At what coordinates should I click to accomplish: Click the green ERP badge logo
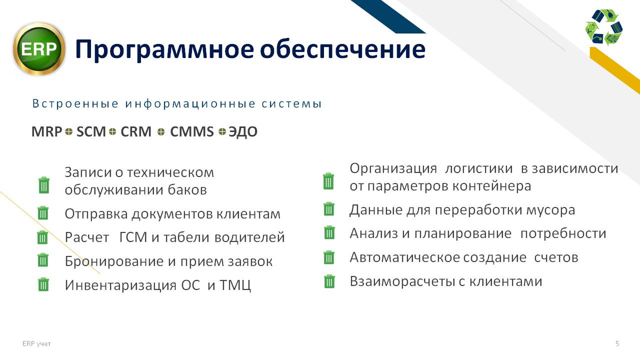[x=39, y=49]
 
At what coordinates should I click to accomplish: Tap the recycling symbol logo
[x=603, y=27]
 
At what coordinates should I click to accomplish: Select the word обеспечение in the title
[x=343, y=49]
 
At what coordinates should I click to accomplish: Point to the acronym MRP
[x=46, y=131]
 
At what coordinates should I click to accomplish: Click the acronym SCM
[x=91, y=131]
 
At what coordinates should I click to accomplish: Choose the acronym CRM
[x=135, y=131]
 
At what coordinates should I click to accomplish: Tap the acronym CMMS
[x=191, y=131]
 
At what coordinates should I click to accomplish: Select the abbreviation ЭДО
[x=243, y=132]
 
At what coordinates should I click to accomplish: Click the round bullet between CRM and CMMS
[x=161, y=131]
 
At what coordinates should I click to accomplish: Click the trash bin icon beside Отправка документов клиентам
[x=43, y=213]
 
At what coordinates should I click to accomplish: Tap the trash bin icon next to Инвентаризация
[x=43, y=284]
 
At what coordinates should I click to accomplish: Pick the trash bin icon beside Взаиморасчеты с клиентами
[x=329, y=281]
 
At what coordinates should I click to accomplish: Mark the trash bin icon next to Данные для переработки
[x=329, y=209]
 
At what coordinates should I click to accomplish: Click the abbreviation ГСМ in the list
[x=133, y=237]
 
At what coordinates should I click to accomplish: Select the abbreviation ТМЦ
[x=235, y=285]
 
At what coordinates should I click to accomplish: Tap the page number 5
[x=617, y=343]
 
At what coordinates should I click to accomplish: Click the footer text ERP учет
[x=36, y=343]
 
